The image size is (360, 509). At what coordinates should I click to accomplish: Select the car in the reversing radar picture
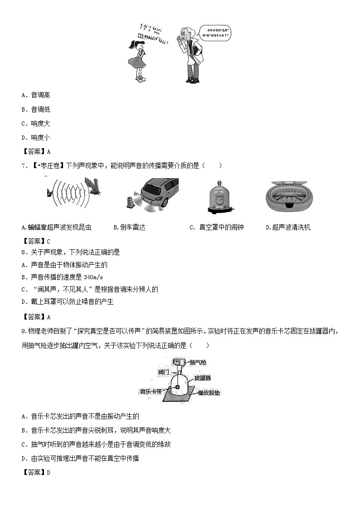[156, 191]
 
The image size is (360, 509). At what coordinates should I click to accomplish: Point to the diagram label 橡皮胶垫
[209, 393]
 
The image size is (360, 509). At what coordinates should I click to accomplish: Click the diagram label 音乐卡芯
[151, 391]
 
